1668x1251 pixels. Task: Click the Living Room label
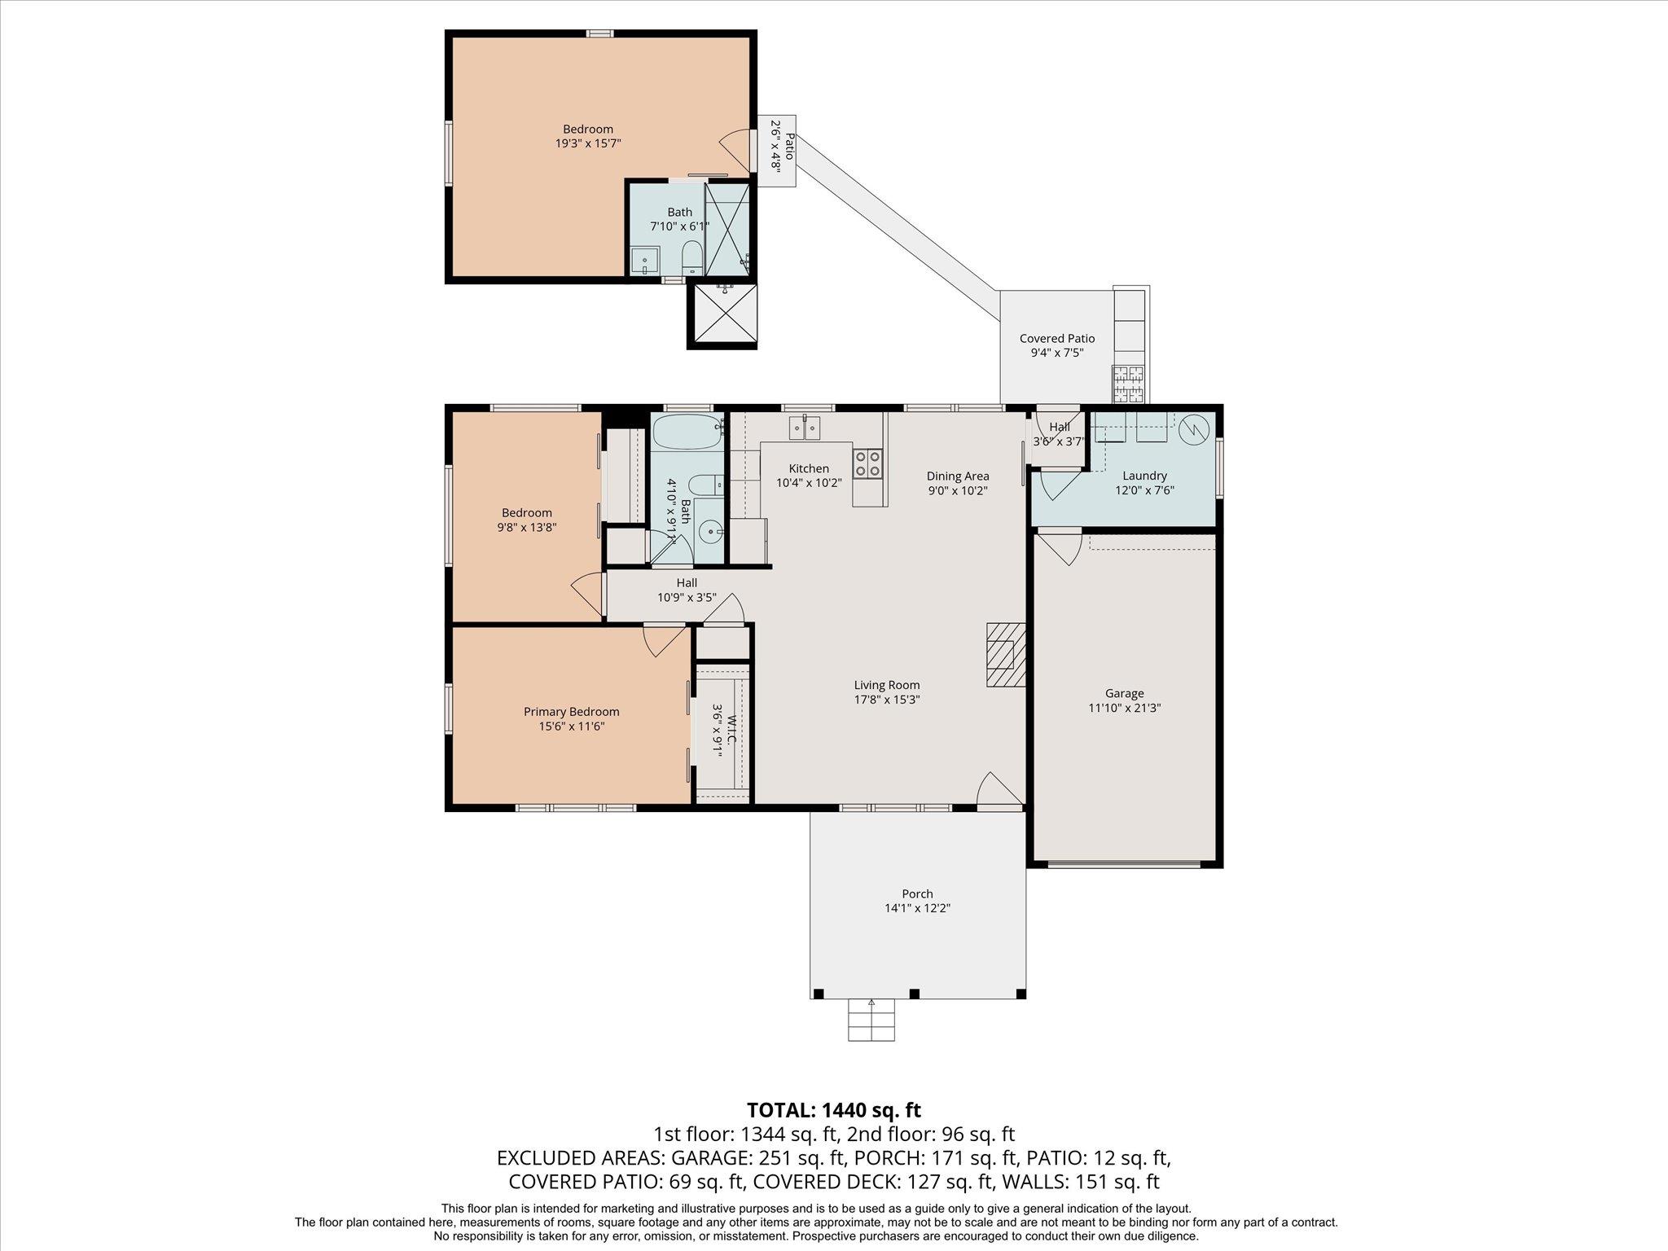pyautogui.click(x=886, y=685)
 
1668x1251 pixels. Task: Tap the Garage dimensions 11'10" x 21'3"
pyautogui.click(x=1124, y=708)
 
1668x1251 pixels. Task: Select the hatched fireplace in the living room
pyautogui.click(x=1005, y=655)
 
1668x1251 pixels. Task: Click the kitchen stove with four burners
pyautogui.click(x=867, y=464)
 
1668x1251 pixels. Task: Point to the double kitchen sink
pyautogui.click(x=804, y=427)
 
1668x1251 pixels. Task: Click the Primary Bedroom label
pyautogui.click(x=571, y=712)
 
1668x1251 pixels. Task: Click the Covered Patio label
pyautogui.click(x=1056, y=338)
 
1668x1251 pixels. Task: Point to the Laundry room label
pyautogui.click(x=1144, y=476)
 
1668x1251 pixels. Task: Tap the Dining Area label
pyautogui.click(x=958, y=476)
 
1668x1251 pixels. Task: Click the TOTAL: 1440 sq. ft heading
pyautogui.click(x=833, y=1109)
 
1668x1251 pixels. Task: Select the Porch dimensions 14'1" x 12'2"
pyautogui.click(x=917, y=908)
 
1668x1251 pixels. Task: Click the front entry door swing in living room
pyautogui.click(x=999, y=790)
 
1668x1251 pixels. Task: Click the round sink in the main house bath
pyautogui.click(x=712, y=533)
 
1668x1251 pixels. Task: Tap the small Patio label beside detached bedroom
pyautogui.click(x=777, y=146)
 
